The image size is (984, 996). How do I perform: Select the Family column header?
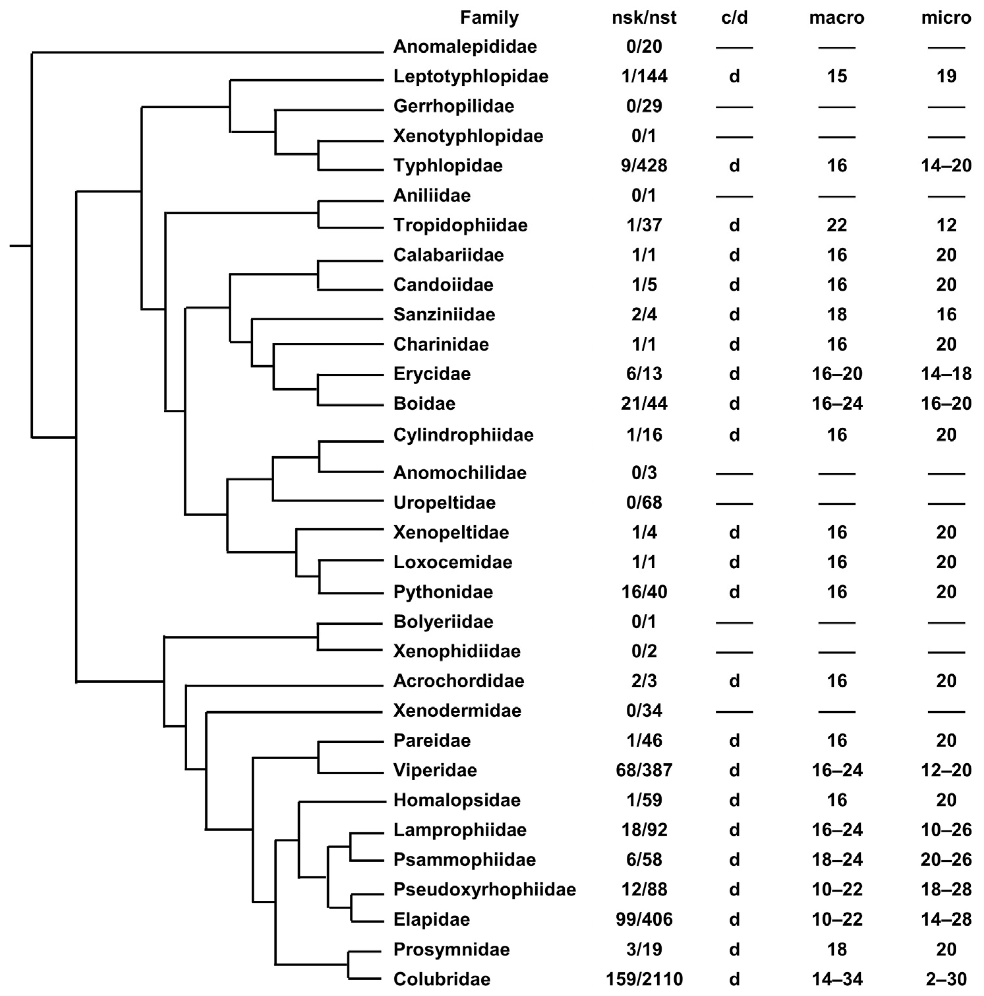pyautogui.click(x=489, y=18)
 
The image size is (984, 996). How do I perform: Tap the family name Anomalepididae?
pyautogui.click(x=465, y=47)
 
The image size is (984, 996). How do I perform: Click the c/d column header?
pyautogui.click(x=734, y=18)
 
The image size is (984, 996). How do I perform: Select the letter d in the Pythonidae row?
pyautogui.click(x=734, y=592)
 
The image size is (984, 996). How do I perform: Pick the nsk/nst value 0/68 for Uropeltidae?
pyautogui.click(x=644, y=503)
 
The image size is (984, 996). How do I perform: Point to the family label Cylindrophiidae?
pyautogui.click(x=463, y=435)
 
